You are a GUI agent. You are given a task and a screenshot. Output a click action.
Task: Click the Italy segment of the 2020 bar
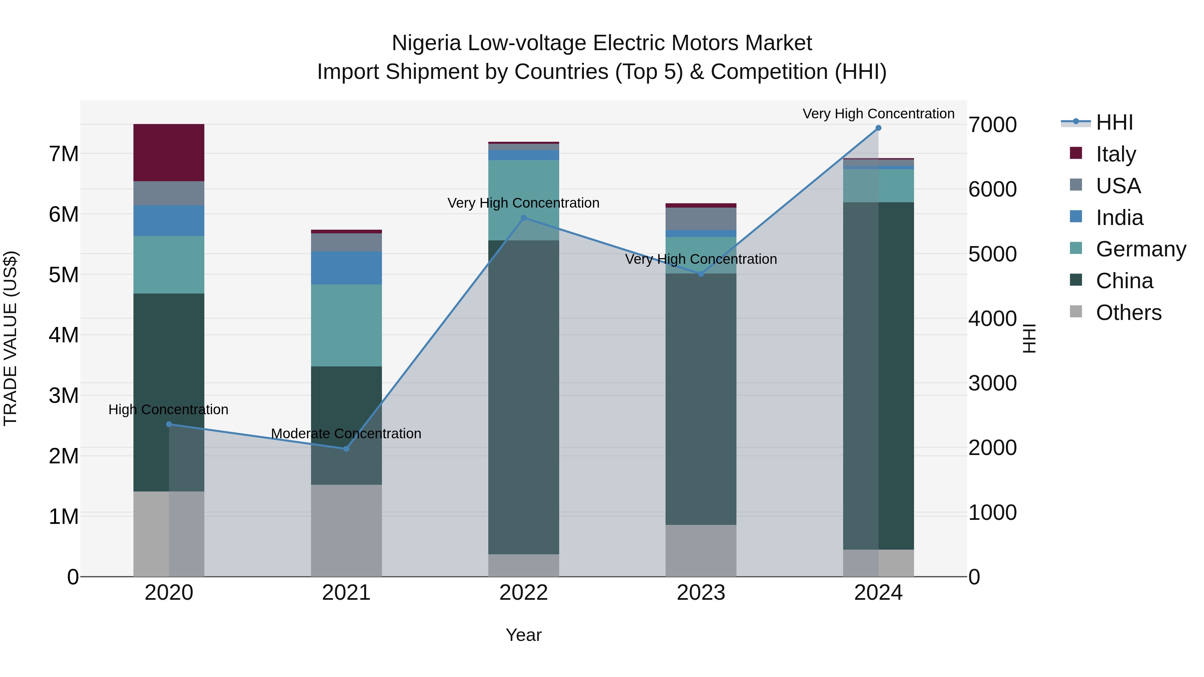coord(169,152)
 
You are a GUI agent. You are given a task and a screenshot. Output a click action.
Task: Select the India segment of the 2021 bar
coord(346,268)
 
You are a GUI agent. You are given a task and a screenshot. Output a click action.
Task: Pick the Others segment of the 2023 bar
coord(701,550)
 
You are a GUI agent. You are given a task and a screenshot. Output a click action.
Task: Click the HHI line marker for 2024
coord(878,128)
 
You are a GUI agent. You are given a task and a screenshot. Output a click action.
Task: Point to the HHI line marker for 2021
coord(346,449)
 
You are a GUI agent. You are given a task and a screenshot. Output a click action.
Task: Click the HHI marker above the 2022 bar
coord(523,218)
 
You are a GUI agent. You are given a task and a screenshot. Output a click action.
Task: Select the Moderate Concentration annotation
coord(346,434)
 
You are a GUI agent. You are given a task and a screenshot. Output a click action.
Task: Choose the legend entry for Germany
coord(1140,249)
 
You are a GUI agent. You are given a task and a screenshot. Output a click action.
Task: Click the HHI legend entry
coord(1114,122)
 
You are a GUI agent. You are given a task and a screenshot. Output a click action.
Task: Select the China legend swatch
coord(1076,280)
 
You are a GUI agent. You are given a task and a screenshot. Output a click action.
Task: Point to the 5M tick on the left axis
coord(64,275)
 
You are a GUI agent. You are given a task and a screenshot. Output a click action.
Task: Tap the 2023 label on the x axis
coord(701,593)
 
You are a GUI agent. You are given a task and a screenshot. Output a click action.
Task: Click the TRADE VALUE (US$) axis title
coord(10,338)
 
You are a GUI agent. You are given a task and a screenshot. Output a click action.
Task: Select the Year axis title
coord(523,635)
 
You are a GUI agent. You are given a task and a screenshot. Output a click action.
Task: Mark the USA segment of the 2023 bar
coord(701,219)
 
